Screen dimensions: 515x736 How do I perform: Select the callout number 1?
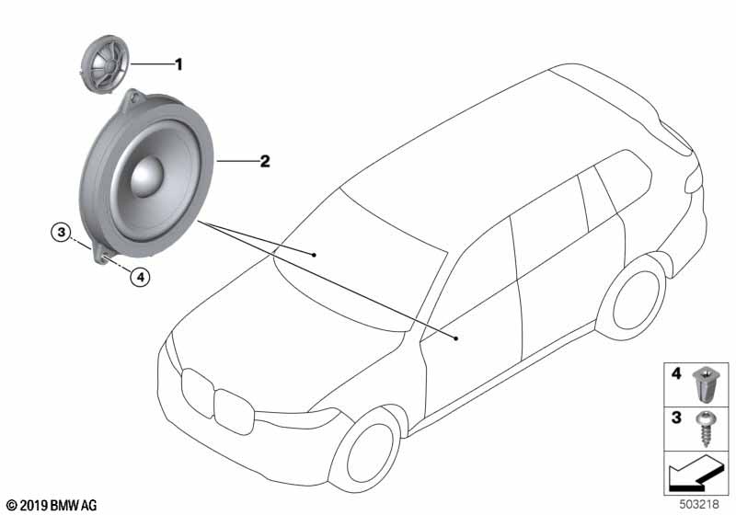click(179, 64)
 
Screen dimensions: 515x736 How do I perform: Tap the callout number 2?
click(264, 162)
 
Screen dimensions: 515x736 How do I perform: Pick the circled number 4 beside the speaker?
click(139, 274)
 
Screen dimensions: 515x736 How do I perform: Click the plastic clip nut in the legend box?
click(702, 383)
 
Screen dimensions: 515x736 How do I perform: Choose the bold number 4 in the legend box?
click(675, 374)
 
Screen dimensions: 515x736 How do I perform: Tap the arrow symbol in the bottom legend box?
click(693, 477)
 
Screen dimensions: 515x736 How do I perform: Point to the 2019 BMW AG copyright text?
click(52, 505)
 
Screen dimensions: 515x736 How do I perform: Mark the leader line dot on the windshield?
click(314, 252)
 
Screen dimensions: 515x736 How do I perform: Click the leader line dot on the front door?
click(456, 338)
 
